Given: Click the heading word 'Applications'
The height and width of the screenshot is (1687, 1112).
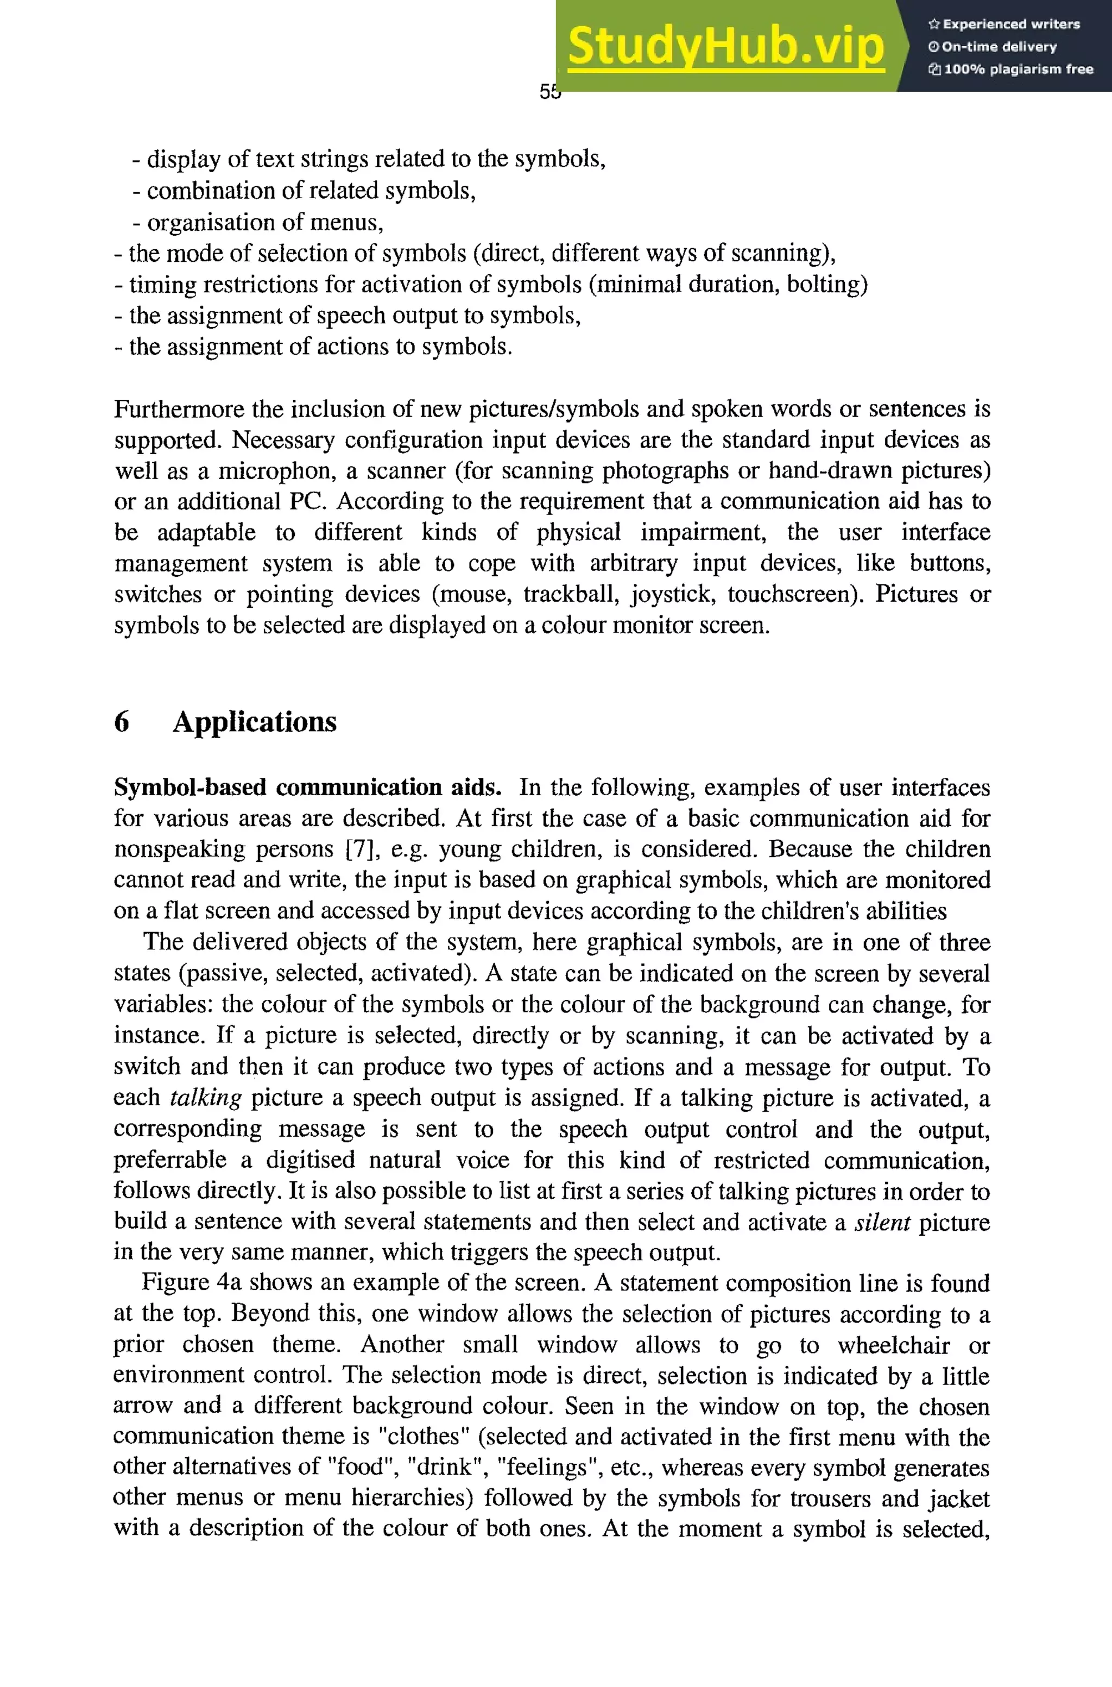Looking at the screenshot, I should coord(255,721).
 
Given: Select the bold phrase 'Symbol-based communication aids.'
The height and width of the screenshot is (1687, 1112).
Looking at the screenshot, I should coord(308,788).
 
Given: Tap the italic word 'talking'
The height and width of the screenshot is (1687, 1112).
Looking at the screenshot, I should coord(206,1098).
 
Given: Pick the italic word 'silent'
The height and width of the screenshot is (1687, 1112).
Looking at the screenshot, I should coord(882,1222).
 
